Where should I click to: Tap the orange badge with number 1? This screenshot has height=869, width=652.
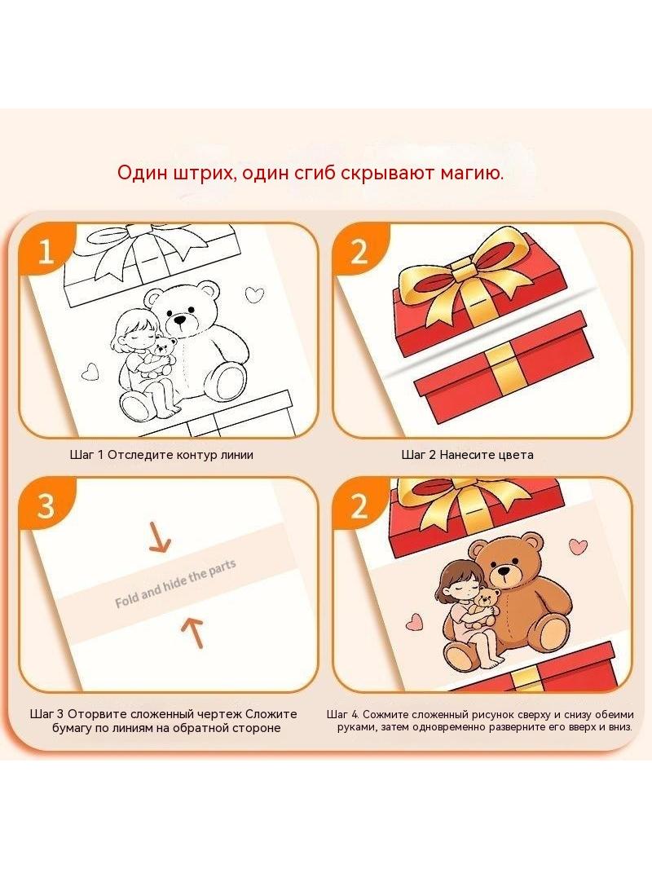[x=46, y=251]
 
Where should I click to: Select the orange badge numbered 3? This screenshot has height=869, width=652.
[x=46, y=505]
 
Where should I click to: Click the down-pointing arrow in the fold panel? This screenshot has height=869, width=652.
[x=160, y=539]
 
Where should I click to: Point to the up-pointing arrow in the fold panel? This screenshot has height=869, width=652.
[x=193, y=633]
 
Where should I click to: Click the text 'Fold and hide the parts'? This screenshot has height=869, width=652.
[x=175, y=583]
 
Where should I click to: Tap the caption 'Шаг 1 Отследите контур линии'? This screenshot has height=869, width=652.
[x=161, y=455]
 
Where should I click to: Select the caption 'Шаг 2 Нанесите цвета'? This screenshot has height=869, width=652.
[x=467, y=455]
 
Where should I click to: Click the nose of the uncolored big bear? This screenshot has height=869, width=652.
[x=179, y=320]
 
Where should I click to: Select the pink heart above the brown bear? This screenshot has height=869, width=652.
[x=579, y=546]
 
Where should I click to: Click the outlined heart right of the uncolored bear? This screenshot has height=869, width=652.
[x=254, y=294]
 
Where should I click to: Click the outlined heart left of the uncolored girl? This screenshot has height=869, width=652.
[x=89, y=371]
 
